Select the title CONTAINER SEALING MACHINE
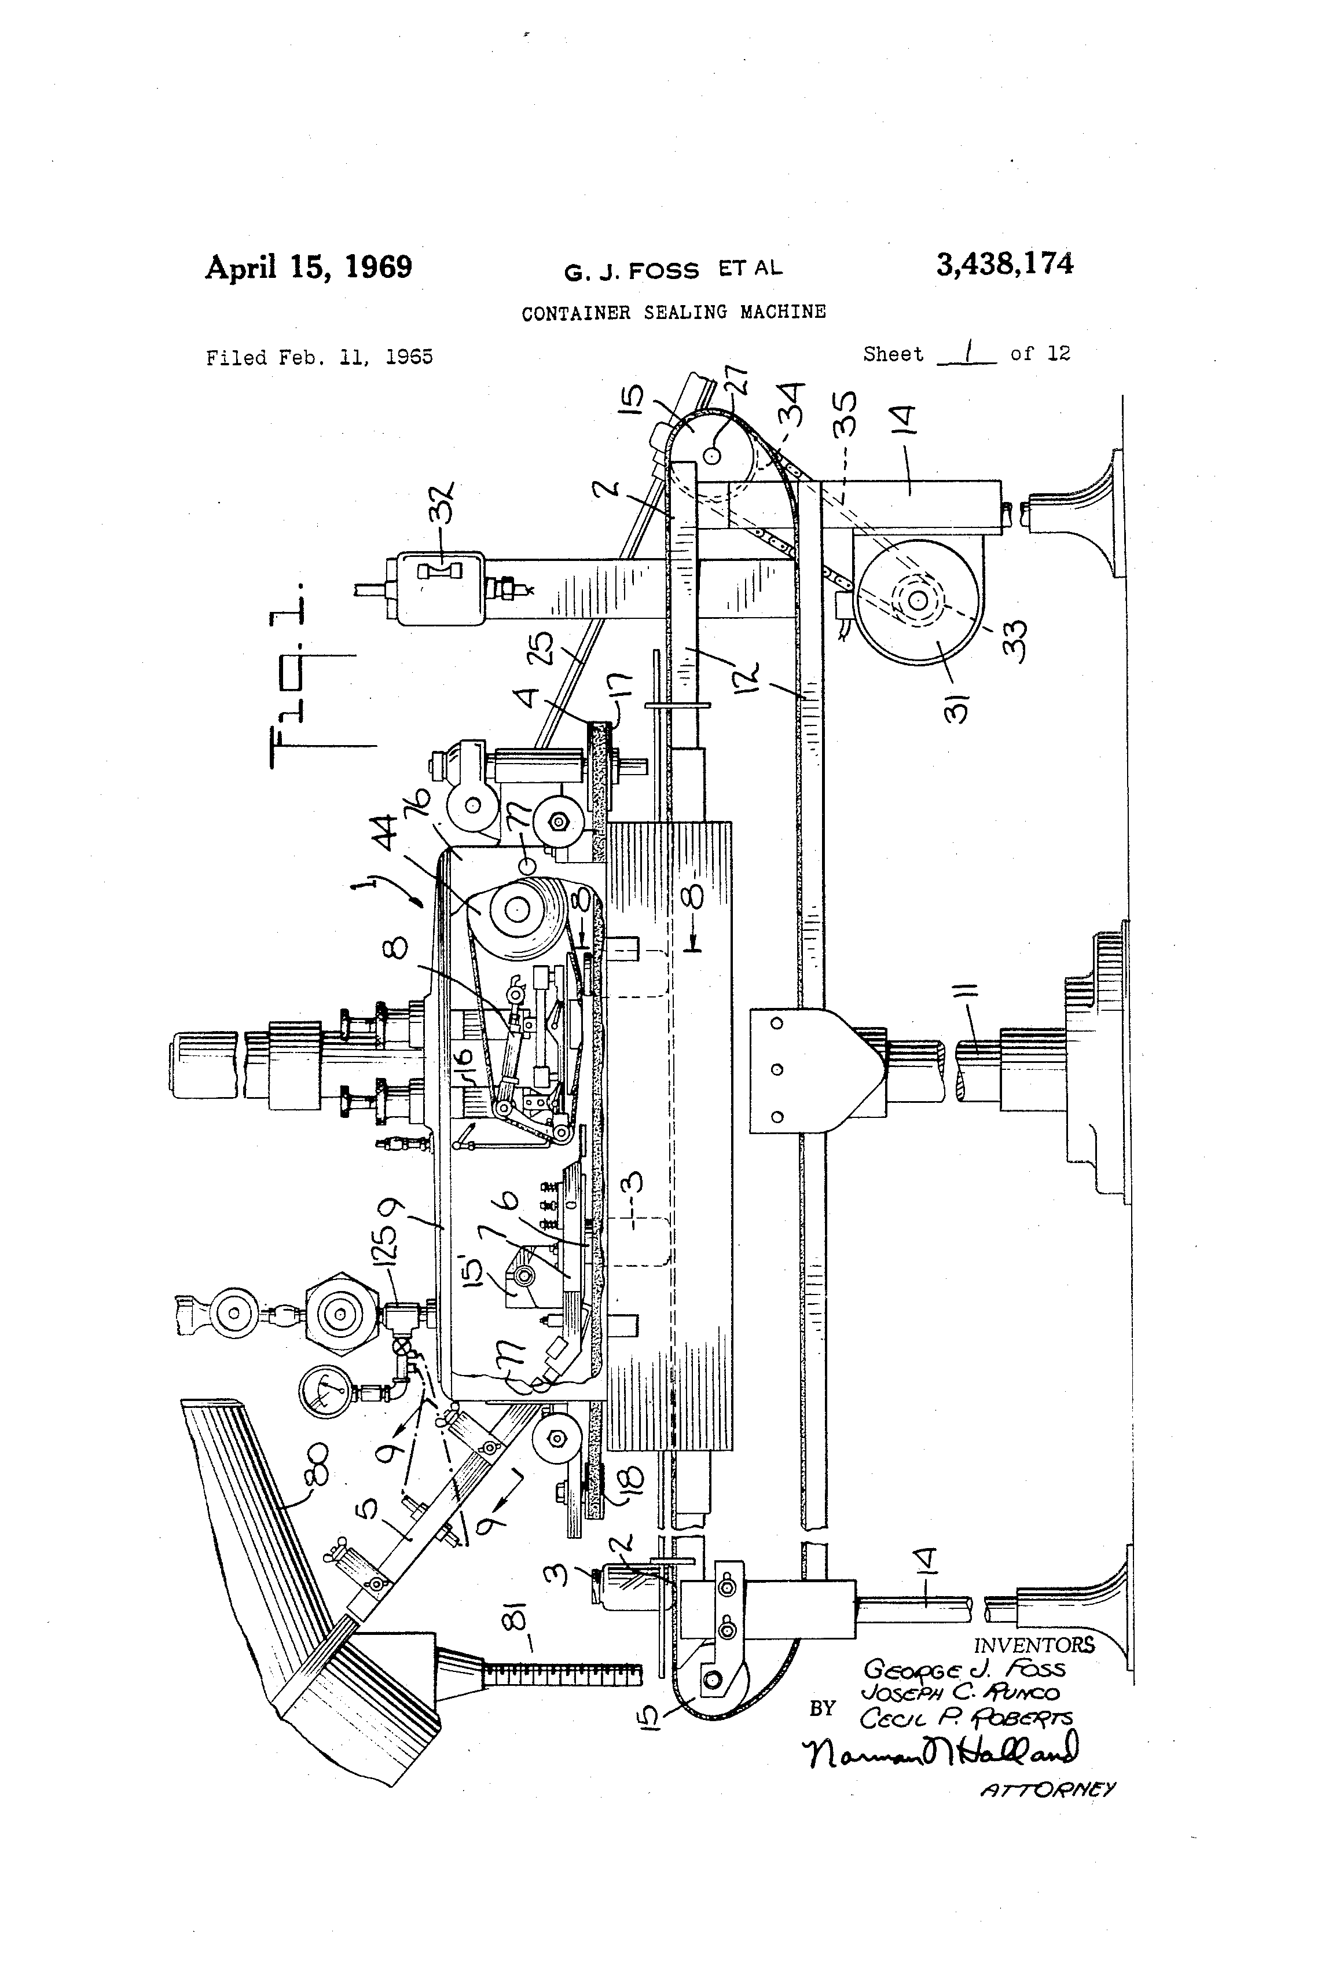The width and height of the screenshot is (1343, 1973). [673, 313]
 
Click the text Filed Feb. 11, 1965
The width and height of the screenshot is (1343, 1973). [319, 357]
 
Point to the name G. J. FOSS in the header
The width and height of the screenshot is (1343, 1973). [632, 271]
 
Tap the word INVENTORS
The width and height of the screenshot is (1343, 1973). [1034, 1644]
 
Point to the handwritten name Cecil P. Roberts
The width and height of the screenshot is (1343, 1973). [965, 1718]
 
